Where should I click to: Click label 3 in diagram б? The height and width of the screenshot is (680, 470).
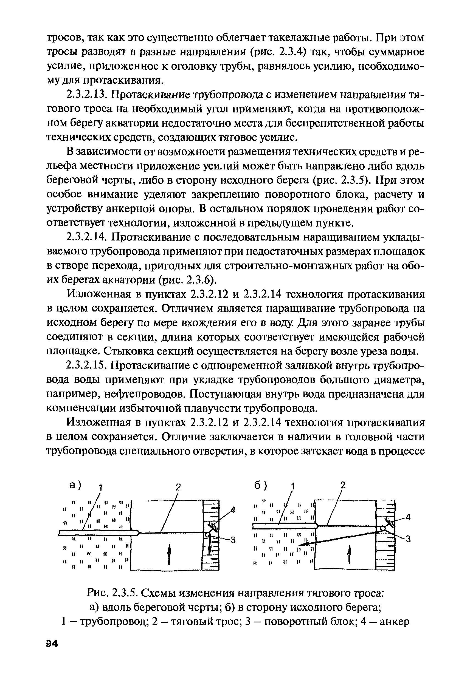408,539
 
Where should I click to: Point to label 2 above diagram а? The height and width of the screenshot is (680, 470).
177,488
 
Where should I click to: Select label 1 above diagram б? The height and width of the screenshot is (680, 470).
292,486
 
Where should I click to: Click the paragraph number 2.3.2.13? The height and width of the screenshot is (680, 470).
86,95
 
